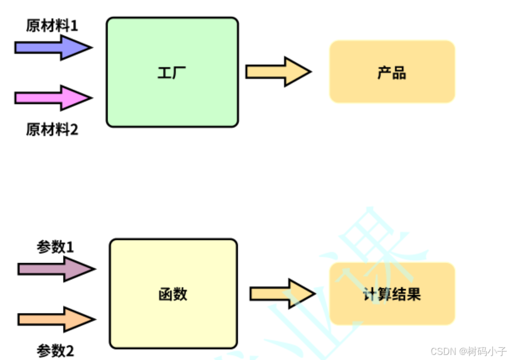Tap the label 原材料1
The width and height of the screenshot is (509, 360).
pyautogui.click(x=52, y=26)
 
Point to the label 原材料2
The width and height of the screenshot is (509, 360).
pyautogui.click(x=52, y=130)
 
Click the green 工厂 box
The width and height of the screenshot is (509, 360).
pyautogui.click(x=172, y=101)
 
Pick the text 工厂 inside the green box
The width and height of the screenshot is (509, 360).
pyautogui.click(x=172, y=73)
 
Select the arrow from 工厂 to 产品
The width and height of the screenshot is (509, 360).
pyautogui.click(x=278, y=72)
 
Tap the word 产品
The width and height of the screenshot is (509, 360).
pyautogui.click(x=392, y=73)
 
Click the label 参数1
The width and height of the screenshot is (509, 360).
pyautogui.click(x=55, y=247)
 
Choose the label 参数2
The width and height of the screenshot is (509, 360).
pyautogui.click(x=55, y=351)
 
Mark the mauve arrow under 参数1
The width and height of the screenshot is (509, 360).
pyautogui.click(x=55, y=269)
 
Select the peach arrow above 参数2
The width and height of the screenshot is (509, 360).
pyautogui.click(x=55, y=319)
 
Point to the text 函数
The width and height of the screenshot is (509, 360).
pyautogui.click(x=173, y=294)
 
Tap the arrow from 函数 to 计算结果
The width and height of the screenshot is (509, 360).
pyautogui.click(x=282, y=293)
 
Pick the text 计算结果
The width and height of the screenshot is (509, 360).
pyautogui.click(x=392, y=294)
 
